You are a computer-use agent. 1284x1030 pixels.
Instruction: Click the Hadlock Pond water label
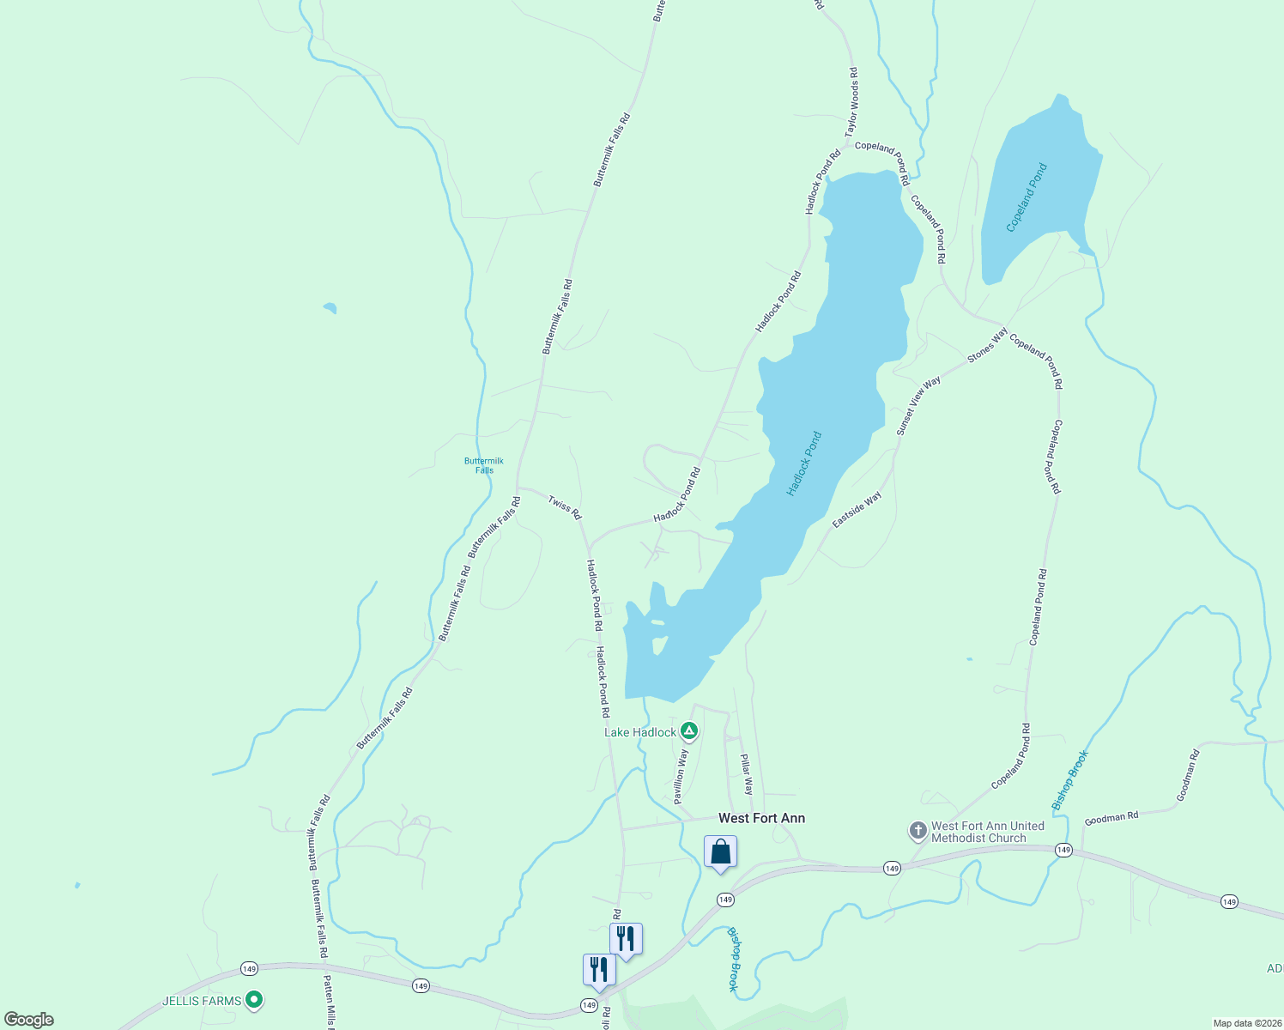[x=804, y=464]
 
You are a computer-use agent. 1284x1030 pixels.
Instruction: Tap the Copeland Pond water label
[x=1027, y=197]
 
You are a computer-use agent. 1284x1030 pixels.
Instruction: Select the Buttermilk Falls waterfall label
[x=484, y=465]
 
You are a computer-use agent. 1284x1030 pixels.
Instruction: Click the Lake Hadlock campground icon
[x=688, y=732]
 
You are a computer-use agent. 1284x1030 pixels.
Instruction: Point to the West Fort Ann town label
[x=761, y=818]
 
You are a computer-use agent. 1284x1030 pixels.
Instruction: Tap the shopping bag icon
[x=720, y=852]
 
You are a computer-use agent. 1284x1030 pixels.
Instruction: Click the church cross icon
[x=918, y=831]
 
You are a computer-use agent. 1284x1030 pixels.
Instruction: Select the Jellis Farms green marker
[x=253, y=1000]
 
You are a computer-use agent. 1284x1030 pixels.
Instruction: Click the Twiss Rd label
[x=565, y=507]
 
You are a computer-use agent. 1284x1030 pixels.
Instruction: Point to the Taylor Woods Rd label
[x=851, y=103]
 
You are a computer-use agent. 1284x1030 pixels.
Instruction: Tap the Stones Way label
[x=987, y=345]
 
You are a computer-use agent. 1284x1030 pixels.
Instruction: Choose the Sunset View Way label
[x=918, y=406]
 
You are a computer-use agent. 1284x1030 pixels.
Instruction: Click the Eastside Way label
[x=857, y=510]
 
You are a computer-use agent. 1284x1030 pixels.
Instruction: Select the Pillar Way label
[x=747, y=774]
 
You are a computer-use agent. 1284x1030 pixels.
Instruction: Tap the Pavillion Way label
[x=680, y=776]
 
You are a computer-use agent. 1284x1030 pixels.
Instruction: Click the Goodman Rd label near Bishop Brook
[x=1111, y=818]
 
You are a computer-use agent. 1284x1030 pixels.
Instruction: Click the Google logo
[x=28, y=1019]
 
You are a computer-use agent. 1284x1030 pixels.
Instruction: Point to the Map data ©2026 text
[x=1246, y=1023]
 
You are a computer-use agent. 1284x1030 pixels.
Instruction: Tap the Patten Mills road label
[x=328, y=1001]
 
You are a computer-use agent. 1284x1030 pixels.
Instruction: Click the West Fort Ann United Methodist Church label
[x=987, y=832]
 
